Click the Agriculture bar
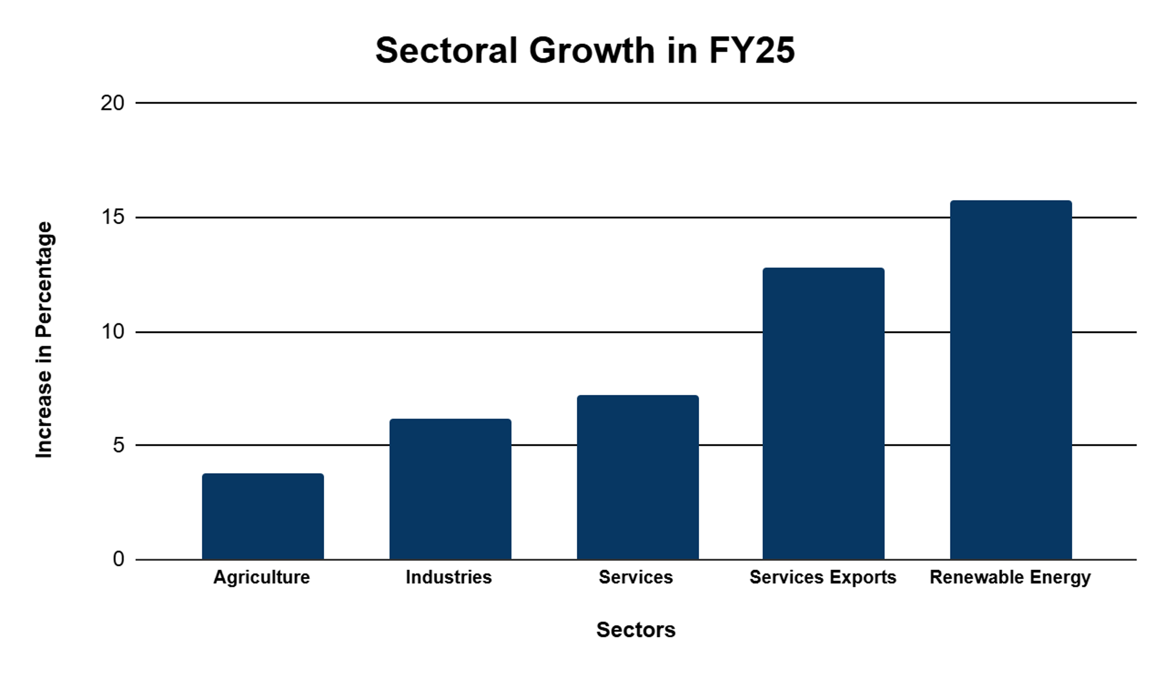click(x=263, y=516)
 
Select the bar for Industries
click(x=450, y=489)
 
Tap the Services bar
click(x=638, y=477)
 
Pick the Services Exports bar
click(x=823, y=413)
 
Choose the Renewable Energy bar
click(x=1011, y=380)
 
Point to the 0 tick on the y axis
click(x=118, y=559)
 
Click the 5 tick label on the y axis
click(x=118, y=445)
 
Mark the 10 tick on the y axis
click(x=113, y=332)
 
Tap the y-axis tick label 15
click(x=113, y=217)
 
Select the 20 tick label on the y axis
click(x=112, y=103)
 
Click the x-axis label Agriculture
click(x=262, y=577)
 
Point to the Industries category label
click(x=448, y=577)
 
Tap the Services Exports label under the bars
click(x=823, y=577)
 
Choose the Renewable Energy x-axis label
click(x=1010, y=577)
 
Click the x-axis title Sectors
click(x=636, y=630)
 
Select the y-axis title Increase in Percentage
click(x=44, y=340)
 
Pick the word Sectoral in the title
click(x=447, y=50)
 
